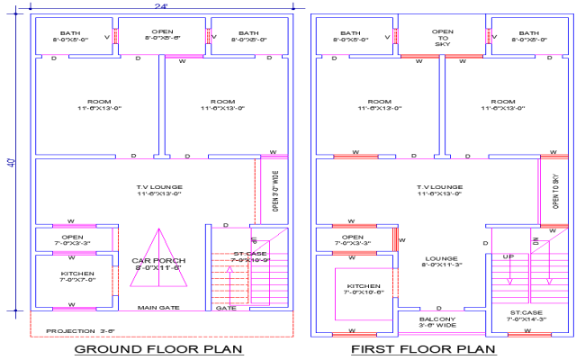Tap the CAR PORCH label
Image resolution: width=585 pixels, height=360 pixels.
[158, 264]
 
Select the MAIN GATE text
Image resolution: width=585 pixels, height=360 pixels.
[158, 308]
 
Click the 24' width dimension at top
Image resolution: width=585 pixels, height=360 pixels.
[161, 6]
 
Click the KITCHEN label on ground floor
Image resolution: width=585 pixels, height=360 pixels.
[76, 276]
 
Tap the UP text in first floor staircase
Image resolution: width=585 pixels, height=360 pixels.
[508, 256]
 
